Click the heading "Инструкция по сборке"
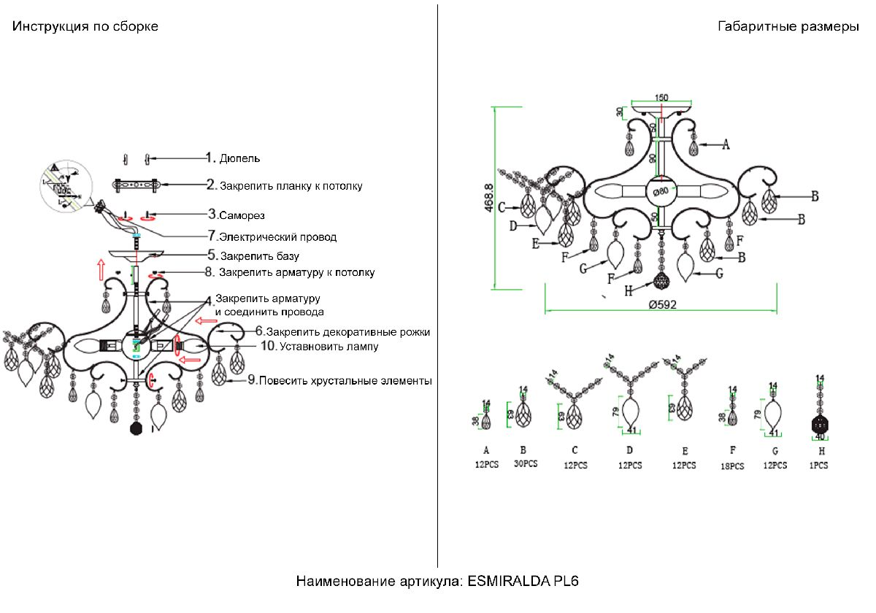click(x=85, y=27)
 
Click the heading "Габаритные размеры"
click(x=788, y=27)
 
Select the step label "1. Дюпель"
click(x=233, y=158)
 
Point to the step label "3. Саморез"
click(x=236, y=215)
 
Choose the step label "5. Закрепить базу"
click(x=253, y=256)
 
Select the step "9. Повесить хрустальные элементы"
click(x=339, y=380)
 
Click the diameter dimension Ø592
click(x=661, y=305)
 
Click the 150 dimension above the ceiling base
click(x=661, y=97)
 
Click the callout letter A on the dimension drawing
click(x=726, y=144)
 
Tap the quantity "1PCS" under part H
click(x=821, y=465)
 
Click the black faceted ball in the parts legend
click(x=821, y=426)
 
